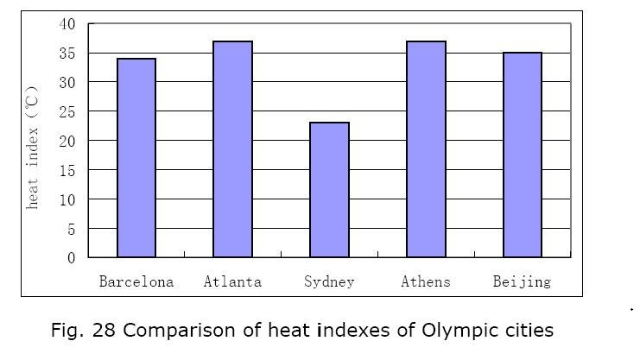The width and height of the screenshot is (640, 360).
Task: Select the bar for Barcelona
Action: (136, 158)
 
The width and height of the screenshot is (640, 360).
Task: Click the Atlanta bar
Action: (232, 149)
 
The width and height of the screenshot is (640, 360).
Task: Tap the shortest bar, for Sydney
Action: (329, 190)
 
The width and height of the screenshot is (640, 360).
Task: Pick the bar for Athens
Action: (426, 149)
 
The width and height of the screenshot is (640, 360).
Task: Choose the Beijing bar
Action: (522, 155)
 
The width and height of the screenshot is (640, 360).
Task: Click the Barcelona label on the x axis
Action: (136, 281)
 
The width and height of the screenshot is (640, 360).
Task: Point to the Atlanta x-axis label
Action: (232, 281)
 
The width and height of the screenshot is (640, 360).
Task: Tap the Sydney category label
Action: (329, 281)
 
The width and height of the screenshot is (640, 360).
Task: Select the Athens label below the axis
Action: (426, 281)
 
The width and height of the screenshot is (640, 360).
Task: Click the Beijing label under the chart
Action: (522, 281)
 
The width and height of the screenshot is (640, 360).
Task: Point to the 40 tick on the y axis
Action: (67, 23)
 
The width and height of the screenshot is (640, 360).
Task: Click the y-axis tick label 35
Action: (67, 53)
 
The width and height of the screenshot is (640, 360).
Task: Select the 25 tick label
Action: (67, 111)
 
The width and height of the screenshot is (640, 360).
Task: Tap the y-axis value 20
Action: (67, 141)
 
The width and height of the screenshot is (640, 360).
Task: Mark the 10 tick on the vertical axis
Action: (67, 199)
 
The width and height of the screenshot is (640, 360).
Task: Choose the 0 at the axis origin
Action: (72, 257)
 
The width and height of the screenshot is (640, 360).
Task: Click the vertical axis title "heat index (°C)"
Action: (33, 147)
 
